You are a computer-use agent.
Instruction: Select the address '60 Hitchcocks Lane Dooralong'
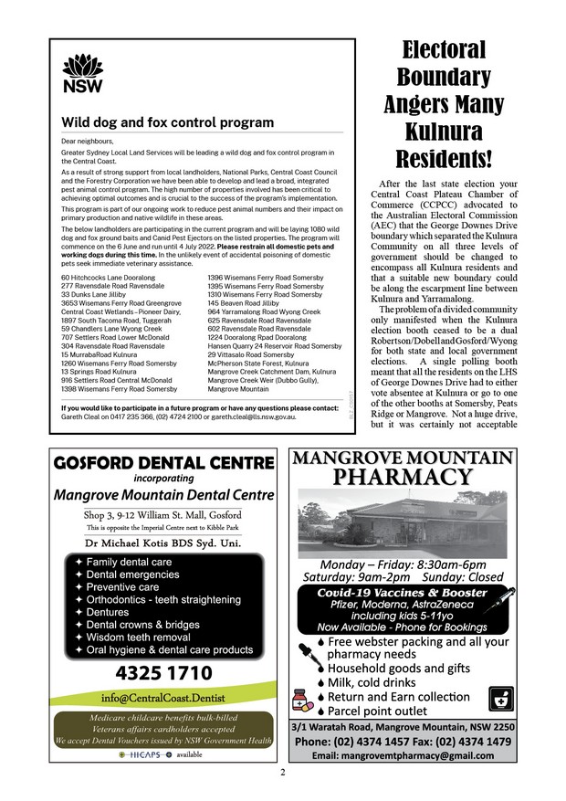point(98,277)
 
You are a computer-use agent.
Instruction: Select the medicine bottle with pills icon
point(300,700)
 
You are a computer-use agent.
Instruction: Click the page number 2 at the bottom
point(283,773)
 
